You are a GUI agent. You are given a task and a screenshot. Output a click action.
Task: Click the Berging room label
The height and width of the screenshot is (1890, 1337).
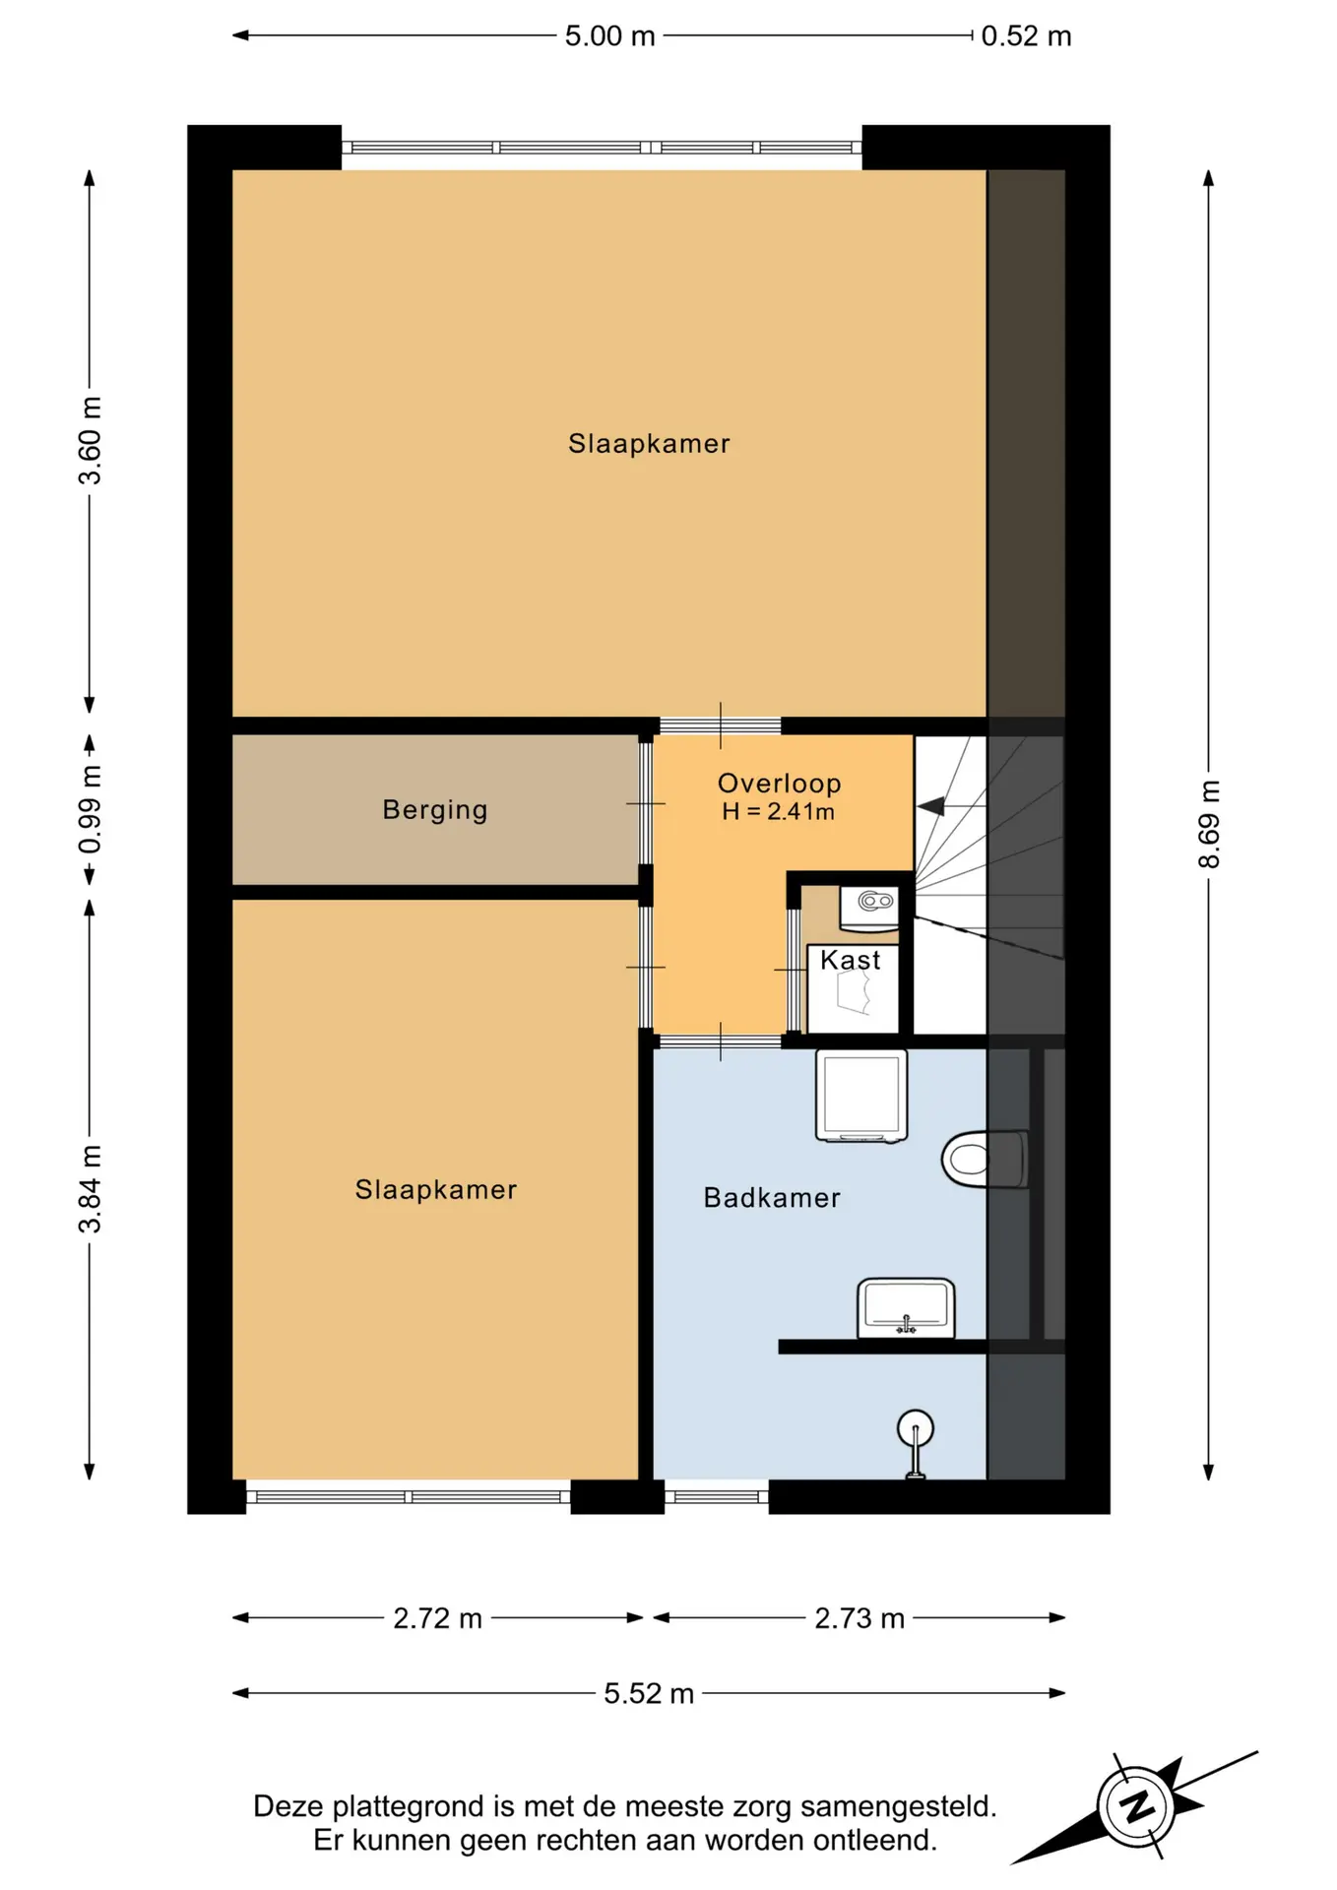(x=435, y=810)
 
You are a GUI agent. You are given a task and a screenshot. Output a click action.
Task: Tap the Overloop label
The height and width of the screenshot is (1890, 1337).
(x=779, y=784)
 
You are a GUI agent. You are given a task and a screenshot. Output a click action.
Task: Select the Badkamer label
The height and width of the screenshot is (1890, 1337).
(x=772, y=1198)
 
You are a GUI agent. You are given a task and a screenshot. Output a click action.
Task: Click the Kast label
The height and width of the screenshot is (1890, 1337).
(x=851, y=960)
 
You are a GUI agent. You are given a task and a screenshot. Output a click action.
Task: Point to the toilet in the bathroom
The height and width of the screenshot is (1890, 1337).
(x=984, y=1159)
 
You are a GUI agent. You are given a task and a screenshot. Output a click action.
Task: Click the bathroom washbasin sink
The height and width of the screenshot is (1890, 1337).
(x=906, y=1308)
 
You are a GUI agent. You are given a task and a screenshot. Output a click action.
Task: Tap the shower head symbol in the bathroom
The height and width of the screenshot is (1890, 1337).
(x=916, y=1443)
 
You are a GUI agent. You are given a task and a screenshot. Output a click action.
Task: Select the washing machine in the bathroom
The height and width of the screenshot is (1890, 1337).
(x=861, y=1096)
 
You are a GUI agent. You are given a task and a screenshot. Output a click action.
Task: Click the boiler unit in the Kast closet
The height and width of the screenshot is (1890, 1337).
(x=869, y=908)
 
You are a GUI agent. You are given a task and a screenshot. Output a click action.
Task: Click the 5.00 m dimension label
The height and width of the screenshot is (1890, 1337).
(x=609, y=36)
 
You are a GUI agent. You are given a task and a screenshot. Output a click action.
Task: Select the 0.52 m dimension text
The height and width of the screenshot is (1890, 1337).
(x=1026, y=36)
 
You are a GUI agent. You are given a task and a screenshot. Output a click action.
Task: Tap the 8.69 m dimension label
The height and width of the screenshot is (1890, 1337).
(x=1209, y=824)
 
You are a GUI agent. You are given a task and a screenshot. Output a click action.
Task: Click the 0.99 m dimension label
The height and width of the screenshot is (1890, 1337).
(x=90, y=809)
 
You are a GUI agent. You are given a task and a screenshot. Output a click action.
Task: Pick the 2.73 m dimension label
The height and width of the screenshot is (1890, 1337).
(x=859, y=1618)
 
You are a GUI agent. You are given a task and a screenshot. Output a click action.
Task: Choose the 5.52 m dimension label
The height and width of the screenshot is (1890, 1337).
(x=649, y=1693)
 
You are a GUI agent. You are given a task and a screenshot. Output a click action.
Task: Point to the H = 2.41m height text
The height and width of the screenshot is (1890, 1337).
(x=778, y=812)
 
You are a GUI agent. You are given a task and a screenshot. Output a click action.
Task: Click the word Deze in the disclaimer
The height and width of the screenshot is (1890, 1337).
(x=288, y=1806)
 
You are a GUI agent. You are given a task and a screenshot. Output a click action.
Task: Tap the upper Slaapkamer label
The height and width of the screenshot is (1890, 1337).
(x=649, y=444)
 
